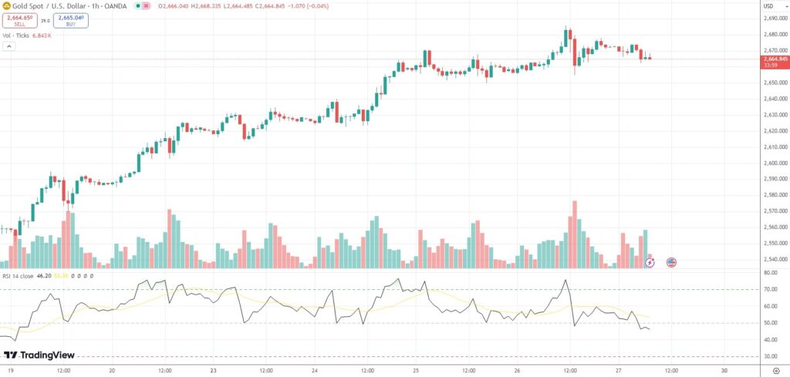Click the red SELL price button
(20, 21)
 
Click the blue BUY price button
(71, 21)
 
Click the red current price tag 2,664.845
(775, 59)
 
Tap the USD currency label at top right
(768, 7)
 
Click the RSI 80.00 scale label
(769, 273)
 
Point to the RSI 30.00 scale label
(769, 356)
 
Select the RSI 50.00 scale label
(769, 323)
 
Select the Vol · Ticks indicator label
(18, 35)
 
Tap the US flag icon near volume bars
(671, 262)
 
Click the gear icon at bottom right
(775, 370)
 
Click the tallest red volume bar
(574, 235)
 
